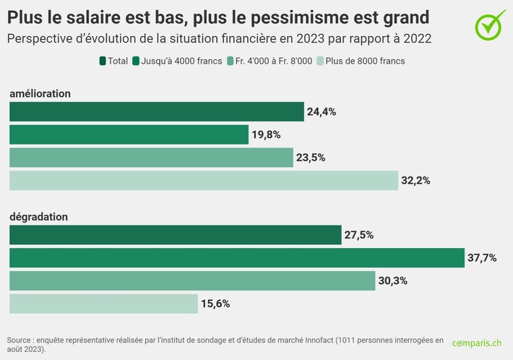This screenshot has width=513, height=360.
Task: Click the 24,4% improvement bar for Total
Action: [156, 111]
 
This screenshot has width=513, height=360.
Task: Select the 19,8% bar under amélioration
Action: [129, 134]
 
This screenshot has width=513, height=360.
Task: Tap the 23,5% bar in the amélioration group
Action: [151, 158]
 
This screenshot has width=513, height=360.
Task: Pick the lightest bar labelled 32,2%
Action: [203, 181]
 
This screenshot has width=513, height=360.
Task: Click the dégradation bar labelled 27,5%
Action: [175, 235]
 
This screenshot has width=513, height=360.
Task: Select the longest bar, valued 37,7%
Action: [236, 258]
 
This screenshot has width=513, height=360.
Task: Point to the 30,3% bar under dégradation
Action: [191, 281]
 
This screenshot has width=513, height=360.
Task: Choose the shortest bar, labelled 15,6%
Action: [103, 304]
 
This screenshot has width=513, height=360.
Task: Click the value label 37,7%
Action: [483, 258]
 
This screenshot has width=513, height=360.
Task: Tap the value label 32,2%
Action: [416, 181]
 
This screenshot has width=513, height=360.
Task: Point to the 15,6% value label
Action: [215, 304]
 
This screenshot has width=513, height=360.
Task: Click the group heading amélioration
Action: [40, 94]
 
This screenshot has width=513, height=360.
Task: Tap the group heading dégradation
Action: [38, 217]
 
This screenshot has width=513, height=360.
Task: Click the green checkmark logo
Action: [491, 25]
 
